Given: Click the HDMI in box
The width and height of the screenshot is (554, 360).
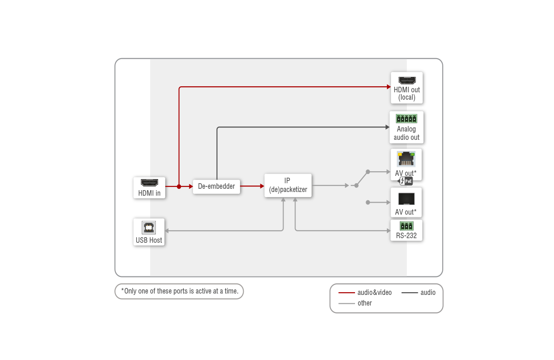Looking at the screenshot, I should [x=149, y=188].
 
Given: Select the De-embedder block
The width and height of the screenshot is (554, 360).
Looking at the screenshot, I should [x=217, y=186].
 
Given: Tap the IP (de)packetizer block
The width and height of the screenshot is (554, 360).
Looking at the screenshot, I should [x=288, y=185].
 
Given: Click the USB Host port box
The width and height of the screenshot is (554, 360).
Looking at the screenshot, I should [x=149, y=232].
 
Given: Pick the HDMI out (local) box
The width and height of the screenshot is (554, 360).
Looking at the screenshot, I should [x=407, y=88].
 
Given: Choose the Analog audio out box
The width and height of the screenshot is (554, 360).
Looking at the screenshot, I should [x=406, y=127].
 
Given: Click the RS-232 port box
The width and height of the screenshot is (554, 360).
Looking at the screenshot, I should [x=406, y=230].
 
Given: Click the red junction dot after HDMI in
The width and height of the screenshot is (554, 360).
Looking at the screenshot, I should [x=179, y=186].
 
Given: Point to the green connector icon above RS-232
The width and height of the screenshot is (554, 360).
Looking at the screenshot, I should [x=406, y=226].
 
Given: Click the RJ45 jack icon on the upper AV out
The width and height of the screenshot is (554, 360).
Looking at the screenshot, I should [x=406, y=159].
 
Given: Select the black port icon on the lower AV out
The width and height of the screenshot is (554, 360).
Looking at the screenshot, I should [x=406, y=199].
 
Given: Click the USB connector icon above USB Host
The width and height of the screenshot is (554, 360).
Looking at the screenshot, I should [x=149, y=227].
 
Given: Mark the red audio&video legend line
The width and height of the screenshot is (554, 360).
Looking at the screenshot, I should [x=346, y=293].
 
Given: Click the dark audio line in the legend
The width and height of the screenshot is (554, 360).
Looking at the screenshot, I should [x=409, y=293].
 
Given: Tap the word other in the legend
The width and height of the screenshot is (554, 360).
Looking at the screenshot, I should [x=365, y=303].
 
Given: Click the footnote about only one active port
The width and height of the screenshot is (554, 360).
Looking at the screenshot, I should [x=180, y=291].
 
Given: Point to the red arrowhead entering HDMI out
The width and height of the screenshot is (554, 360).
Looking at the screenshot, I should [x=388, y=86].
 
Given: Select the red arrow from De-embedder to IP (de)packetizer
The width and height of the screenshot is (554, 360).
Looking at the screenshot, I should [x=252, y=186].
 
